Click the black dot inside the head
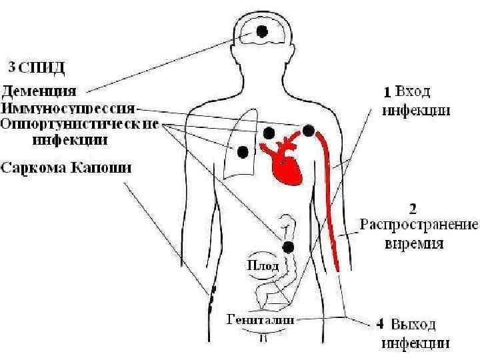coord(263,31)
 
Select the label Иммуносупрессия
coord(69,107)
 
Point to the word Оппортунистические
coord(79,124)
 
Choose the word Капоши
coord(104,167)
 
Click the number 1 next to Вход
coord(385,91)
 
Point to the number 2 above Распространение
coord(412,207)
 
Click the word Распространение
coord(419,224)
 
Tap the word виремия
coord(415,243)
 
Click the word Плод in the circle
coord(263,265)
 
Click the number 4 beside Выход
coord(379,325)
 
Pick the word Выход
coord(415,325)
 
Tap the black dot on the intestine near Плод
coord(288,248)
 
